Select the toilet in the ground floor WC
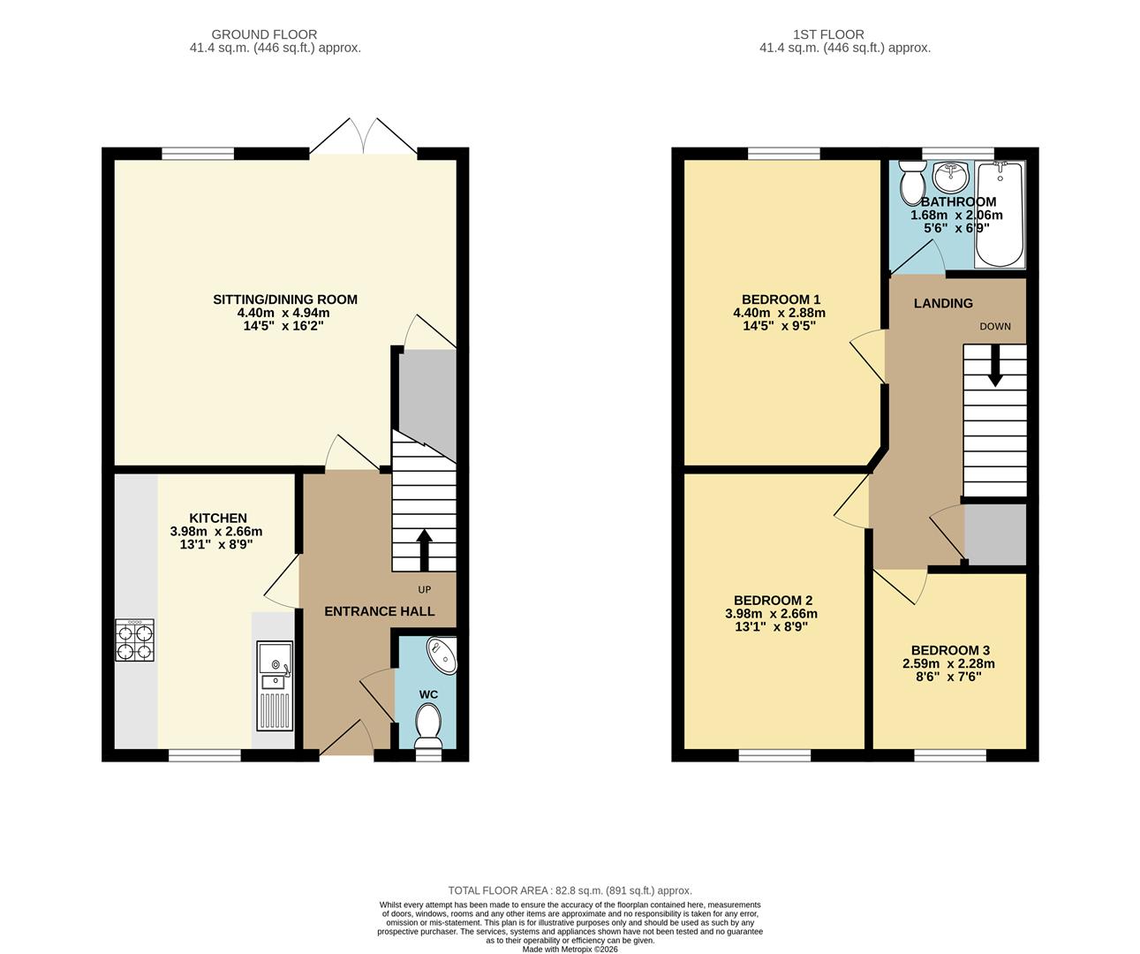coord(427,722)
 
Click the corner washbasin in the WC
coord(442,655)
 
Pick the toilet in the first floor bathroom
coord(911,185)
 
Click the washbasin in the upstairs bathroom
coord(952,177)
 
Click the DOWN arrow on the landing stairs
coord(995,366)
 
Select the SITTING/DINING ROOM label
coord(285,299)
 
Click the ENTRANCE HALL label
coord(379,611)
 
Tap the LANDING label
coord(943,303)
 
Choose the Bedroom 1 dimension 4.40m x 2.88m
coord(779,313)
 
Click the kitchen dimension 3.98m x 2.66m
coord(216,532)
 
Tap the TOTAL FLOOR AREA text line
coord(570,890)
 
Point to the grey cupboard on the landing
coord(995,534)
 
